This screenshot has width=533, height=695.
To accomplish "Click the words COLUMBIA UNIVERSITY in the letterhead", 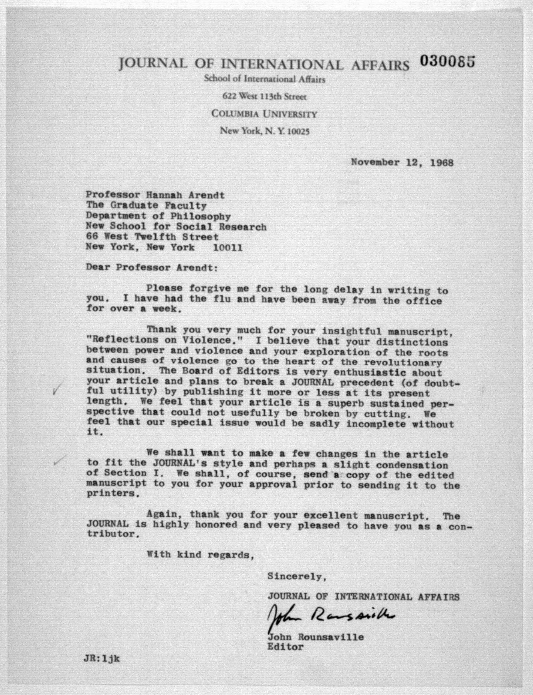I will (264, 114).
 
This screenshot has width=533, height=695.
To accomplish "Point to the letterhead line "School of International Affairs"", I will (265, 79).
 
